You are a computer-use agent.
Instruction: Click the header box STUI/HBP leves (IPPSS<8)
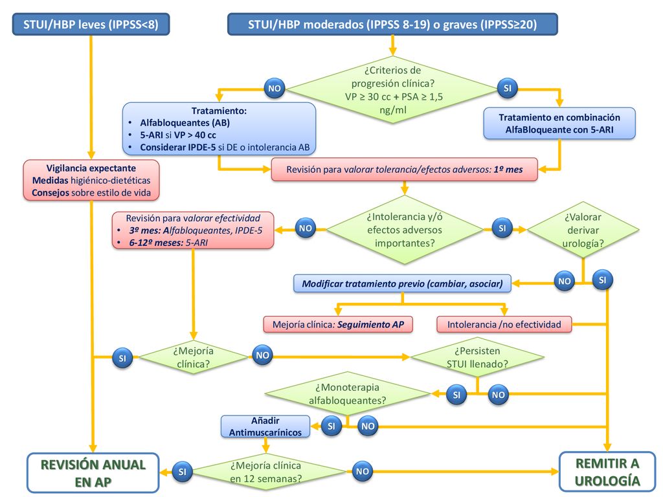91,24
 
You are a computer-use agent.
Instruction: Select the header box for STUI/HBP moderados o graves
392,24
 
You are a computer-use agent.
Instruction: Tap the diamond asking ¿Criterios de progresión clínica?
393,89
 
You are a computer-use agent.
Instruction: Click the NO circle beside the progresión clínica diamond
275,88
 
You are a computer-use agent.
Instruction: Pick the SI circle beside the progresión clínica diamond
508,88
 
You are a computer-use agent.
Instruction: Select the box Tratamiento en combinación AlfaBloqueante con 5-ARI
559,124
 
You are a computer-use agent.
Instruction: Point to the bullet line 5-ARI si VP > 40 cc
177,135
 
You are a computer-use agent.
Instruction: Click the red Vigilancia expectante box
91,180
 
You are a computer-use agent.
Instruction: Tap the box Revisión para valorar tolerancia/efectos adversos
404,170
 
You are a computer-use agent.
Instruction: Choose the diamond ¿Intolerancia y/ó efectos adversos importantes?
405,230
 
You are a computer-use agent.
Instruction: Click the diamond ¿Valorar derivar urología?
583,230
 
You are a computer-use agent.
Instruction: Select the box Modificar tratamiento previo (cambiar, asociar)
402,283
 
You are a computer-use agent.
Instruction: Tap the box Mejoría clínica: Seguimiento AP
338,325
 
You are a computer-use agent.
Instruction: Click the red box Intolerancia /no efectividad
504,325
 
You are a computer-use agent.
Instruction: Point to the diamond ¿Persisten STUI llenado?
477,357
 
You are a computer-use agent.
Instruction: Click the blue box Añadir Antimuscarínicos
265,426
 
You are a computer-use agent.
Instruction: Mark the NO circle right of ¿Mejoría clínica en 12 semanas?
363,471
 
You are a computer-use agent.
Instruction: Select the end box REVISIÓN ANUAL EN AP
93,473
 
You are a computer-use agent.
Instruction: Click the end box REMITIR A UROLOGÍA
607,472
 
